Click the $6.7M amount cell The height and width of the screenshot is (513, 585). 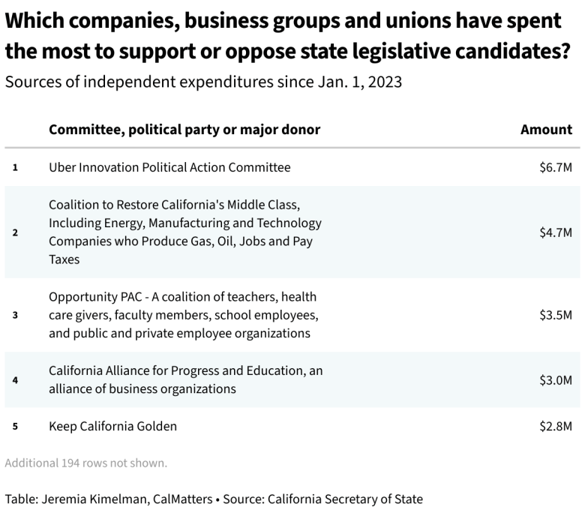[555, 167]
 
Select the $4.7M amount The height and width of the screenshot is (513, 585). [555, 232]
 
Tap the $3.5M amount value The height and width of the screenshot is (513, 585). [555, 315]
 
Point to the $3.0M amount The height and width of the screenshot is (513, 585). [555, 379]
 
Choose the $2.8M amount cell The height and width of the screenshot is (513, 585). [555, 426]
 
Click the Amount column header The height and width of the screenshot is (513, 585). [546, 130]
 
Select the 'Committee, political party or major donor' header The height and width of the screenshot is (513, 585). [184, 130]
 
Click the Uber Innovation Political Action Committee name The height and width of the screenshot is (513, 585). [169, 167]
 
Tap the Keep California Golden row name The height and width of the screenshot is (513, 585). [112, 426]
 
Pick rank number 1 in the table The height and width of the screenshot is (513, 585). [15, 167]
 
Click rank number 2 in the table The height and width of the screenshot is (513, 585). [15, 232]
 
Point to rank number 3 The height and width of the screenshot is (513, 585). [15, 315]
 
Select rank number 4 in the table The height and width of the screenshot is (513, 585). [15, 379]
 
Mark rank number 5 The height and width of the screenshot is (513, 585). [15, 426]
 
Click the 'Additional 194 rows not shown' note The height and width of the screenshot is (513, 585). [85, 463]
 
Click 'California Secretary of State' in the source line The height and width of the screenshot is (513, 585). [345, 499]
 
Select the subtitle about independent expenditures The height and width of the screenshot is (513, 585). [203, 82]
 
